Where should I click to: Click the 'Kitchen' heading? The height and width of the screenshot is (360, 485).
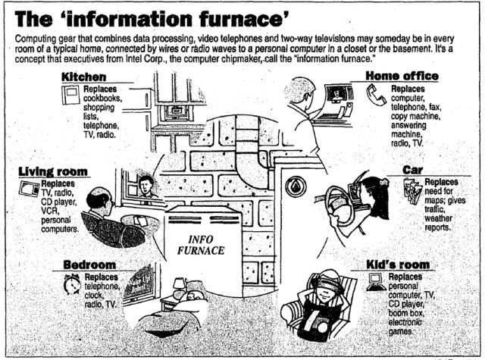(85, 77)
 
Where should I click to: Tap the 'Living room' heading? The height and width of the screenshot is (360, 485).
(52, 171)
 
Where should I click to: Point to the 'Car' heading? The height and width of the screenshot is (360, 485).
(412, 170)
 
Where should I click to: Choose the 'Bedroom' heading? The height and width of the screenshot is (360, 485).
(89, 265)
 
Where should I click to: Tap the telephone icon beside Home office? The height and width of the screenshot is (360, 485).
(377, 95)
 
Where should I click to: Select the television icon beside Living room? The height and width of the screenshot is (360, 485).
(30, 188)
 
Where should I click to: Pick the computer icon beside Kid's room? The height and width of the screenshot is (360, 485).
(374, 283)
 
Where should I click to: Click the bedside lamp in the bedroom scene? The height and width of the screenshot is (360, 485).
(180, 284)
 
